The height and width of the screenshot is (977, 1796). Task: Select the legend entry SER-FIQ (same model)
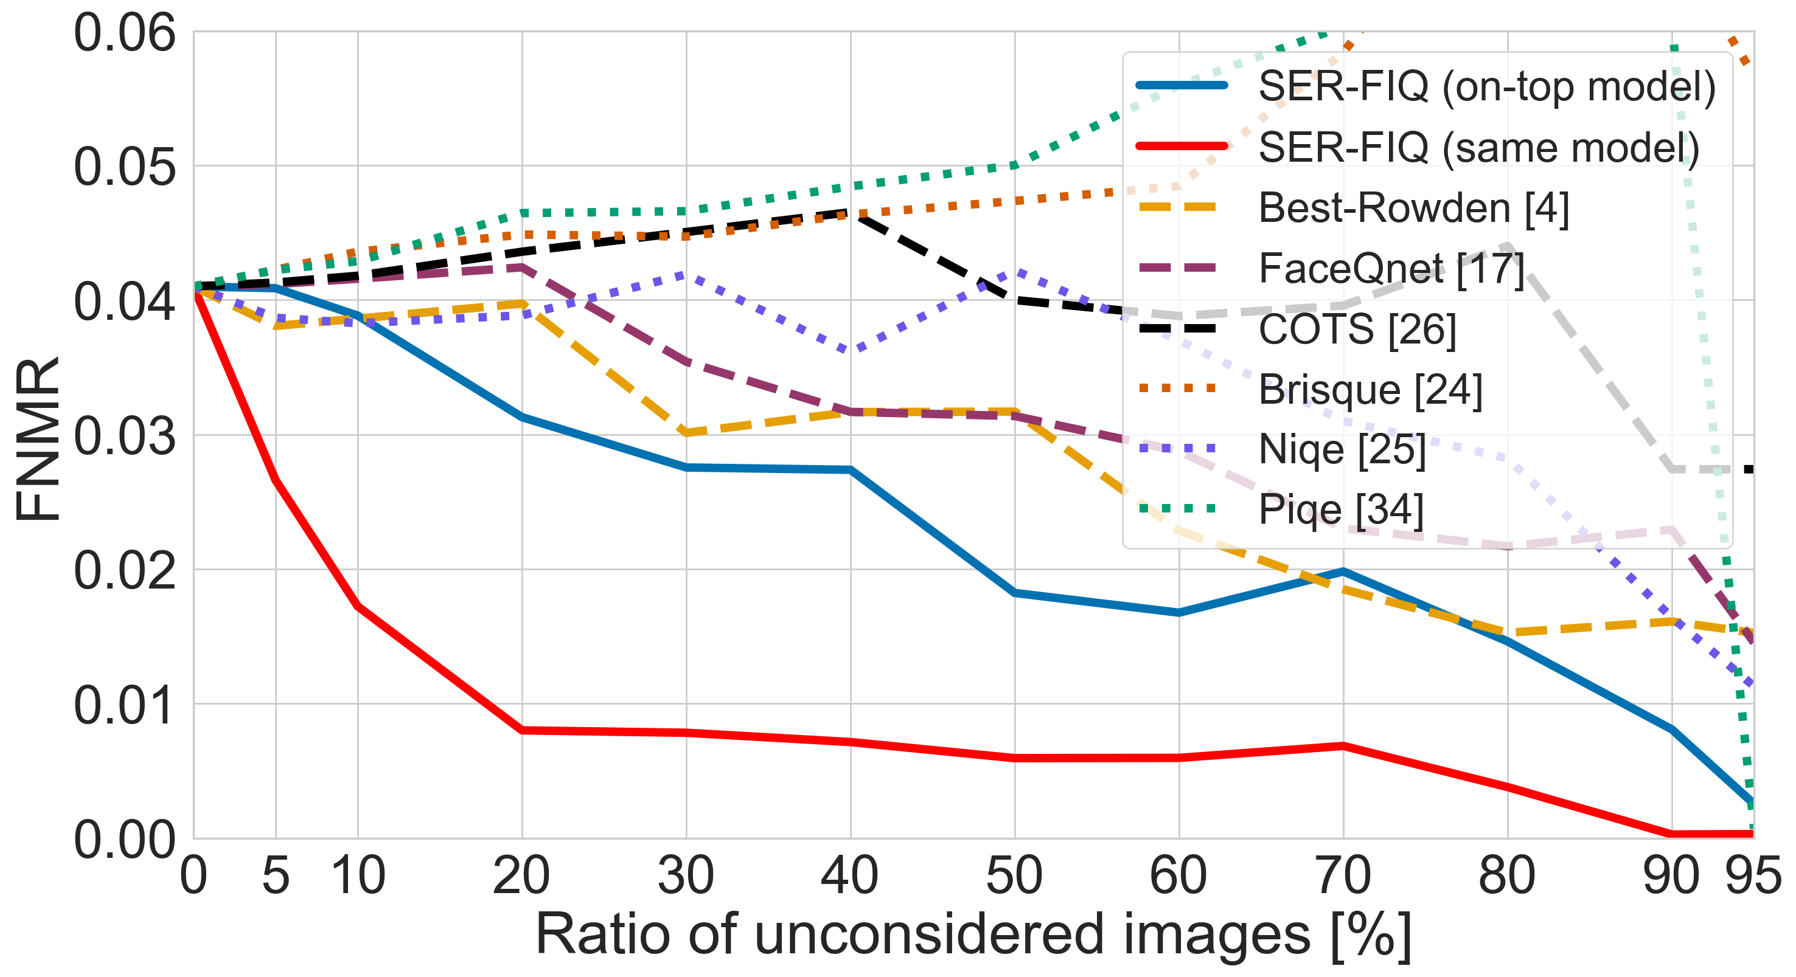[1478, 147]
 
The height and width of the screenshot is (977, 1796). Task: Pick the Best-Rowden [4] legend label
[1413, 208]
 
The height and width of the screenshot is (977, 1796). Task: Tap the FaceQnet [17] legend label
[1391, 268]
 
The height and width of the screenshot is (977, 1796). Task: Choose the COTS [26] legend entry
[1357, 329]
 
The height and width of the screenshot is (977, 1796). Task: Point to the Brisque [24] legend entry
[1370, 390]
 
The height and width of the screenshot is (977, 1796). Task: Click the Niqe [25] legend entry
[1342, 449]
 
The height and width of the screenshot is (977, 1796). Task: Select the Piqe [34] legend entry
[1340, 510]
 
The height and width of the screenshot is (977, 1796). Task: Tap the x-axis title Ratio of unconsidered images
[973, 934]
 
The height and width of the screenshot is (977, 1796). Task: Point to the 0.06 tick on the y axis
[124, 33]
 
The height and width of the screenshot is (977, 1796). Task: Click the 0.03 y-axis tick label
[124, 437]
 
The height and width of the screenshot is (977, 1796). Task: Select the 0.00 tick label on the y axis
[124, 839]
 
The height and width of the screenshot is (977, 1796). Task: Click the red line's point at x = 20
[522, 730]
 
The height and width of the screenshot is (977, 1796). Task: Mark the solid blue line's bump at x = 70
[1343, 571]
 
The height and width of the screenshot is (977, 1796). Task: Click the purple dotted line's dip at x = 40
[851, 350]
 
